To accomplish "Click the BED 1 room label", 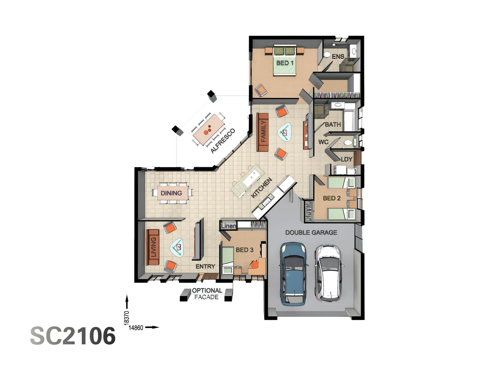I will pos(285,63).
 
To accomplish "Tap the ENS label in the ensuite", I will pos(338,57).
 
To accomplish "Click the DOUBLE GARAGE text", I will pos(311,232).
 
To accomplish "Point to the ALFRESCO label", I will pos(223,141).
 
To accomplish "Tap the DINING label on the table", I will pos(171,193).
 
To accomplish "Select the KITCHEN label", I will pos(261,188).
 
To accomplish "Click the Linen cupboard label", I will pos(228,226).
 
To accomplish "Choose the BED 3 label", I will pos(244,250).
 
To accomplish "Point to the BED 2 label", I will pos(331,198).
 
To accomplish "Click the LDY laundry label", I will pos(346,159).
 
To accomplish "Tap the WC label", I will pos(323,142).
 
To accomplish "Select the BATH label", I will pos(333,125).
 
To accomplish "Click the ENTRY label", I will pos(205,267).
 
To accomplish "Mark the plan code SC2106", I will pos(73,336).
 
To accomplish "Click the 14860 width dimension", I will pos(136,328).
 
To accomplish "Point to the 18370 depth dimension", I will pos(127,318).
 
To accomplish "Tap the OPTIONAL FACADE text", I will pos(207,294).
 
